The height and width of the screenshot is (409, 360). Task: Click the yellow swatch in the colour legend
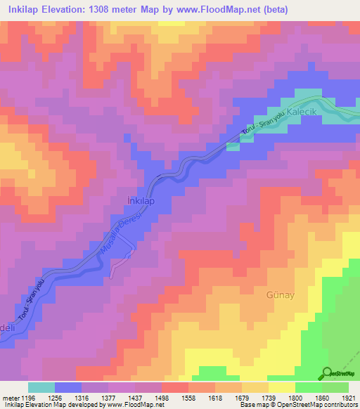[282, 387]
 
